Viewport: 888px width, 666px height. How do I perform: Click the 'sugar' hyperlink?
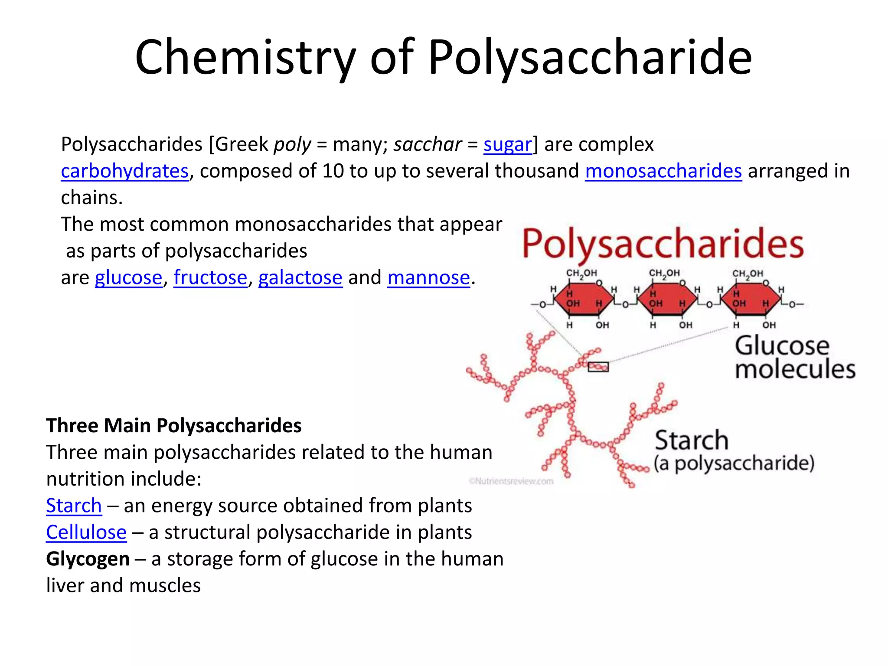tap(508, 145)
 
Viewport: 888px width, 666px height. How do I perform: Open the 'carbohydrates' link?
tap(125, 171)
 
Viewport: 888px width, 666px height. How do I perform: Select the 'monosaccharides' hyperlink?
tap(663, 171)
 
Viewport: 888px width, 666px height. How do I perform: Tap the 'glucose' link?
tap(128, 278)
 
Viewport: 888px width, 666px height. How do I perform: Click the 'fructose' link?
tap(210, 277)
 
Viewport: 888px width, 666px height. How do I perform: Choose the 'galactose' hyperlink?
tap(300, 278)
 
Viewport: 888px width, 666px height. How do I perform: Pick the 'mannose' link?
tap(429, 277)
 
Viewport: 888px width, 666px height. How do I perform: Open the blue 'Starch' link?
tap(74, 506)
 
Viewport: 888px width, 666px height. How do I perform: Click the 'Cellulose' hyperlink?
tap(86, 532)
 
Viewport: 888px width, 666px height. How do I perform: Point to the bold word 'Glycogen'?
tap(88, 559)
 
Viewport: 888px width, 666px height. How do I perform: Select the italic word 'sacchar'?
tap(428, 144)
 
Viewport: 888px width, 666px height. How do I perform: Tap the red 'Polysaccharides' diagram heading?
tap(663, 245)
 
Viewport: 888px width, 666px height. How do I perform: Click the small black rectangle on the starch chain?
tap(598, 367)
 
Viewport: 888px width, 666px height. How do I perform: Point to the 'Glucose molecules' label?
tap(795, 357)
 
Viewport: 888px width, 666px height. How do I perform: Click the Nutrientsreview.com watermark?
tap(511, 481)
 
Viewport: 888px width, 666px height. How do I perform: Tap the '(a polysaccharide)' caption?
tap(734, 464)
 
